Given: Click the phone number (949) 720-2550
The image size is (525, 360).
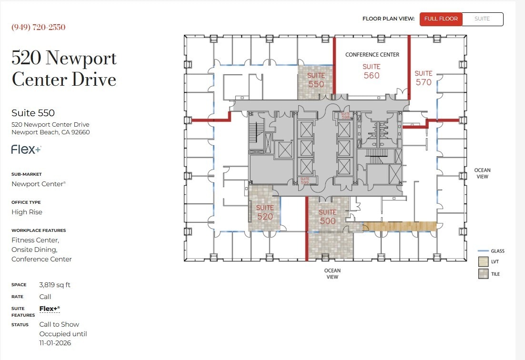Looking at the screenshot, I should (39, 27).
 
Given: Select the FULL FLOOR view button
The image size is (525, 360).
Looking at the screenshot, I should (441, 19).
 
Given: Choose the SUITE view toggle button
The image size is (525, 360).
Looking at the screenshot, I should (482, 19).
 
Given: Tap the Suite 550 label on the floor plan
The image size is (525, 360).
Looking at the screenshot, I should (316, 80).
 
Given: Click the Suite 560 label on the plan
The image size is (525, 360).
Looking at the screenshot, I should (372, 71).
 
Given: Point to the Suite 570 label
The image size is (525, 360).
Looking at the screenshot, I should (423, 78).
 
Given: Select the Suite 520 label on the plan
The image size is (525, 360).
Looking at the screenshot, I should (265, 212).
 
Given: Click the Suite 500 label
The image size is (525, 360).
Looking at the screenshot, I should (328, 217).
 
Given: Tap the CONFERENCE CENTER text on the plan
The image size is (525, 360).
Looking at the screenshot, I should (372, 55).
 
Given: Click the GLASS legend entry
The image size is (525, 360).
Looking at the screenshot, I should (497, 251).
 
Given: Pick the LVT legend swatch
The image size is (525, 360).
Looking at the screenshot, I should (483, 262).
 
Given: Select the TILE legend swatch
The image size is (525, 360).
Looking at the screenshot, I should (483, 274).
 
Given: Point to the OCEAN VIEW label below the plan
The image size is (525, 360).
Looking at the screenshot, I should (332, 274).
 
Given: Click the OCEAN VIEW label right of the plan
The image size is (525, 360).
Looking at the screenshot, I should (482, 173).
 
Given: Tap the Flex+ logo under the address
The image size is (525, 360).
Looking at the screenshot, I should (26, 150).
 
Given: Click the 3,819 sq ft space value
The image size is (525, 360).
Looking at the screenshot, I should (55, 285).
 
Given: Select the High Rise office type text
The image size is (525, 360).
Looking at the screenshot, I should (27, 212).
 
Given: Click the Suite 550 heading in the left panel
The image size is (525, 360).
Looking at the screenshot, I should (33, 113).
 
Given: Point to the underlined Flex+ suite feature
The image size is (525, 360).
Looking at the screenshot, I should (50, 309).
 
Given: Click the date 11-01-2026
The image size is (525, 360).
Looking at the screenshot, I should (55, 343).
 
